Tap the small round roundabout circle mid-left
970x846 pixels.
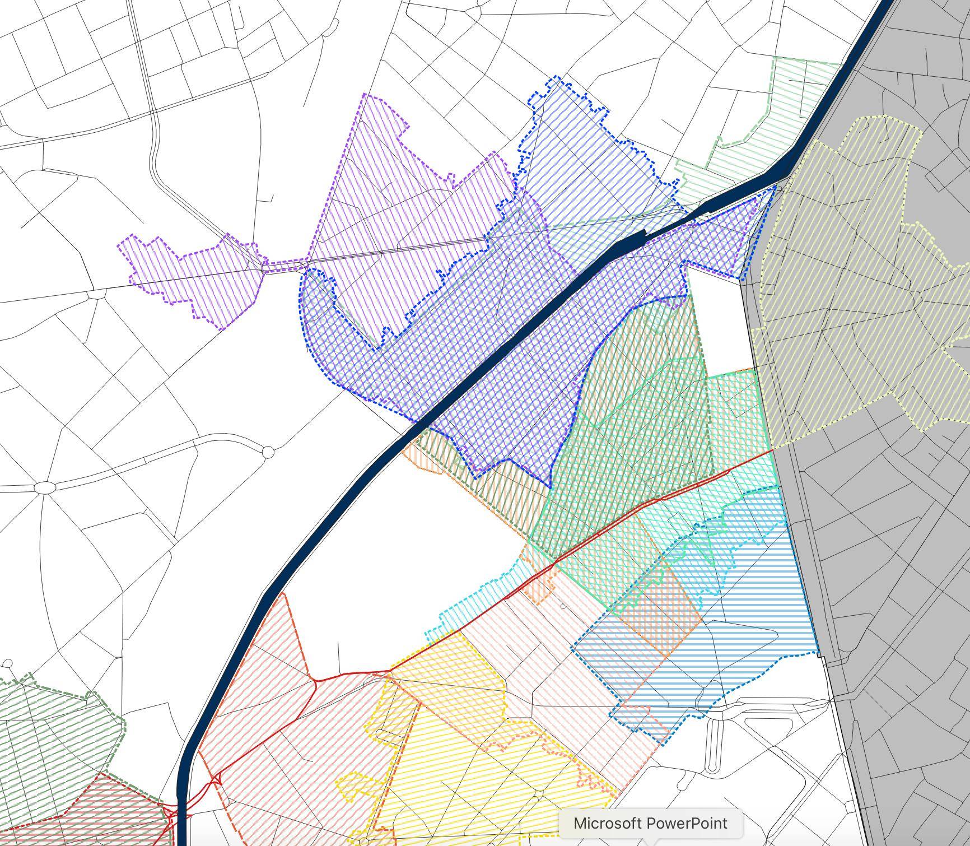(x=268, y=452)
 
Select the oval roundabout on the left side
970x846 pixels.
(x=45, y=487)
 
